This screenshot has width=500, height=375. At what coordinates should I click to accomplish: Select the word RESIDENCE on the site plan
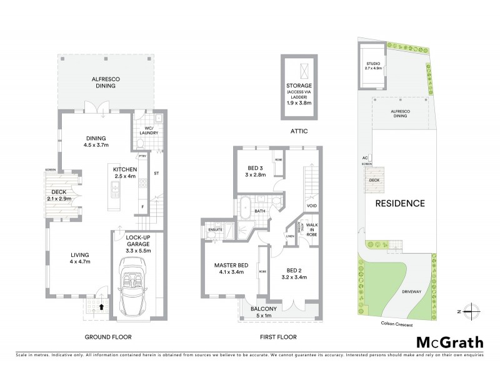tap(400, 203)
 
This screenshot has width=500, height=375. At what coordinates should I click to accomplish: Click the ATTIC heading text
tap(297, 132)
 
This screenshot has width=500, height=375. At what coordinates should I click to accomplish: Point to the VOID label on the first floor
tap(311, 206)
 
